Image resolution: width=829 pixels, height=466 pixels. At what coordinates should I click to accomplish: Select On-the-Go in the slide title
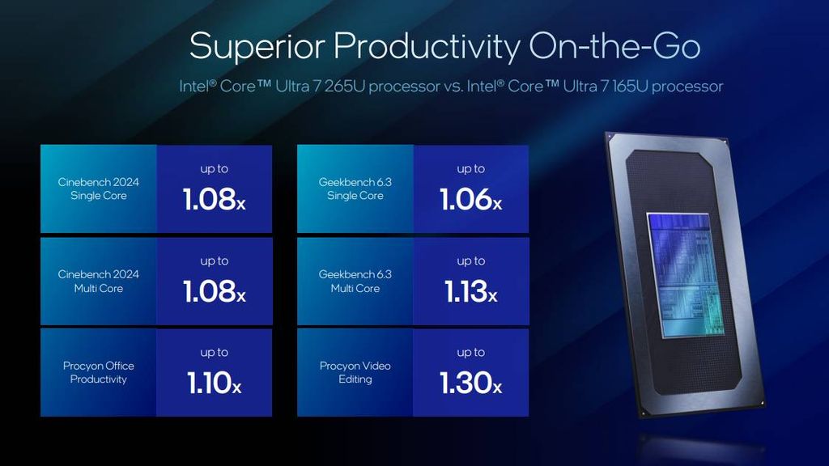pos(614,47)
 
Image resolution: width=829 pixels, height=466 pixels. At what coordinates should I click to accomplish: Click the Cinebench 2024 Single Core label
pos(99,189)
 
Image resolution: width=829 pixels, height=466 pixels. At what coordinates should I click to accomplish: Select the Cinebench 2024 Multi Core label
pos(99,281)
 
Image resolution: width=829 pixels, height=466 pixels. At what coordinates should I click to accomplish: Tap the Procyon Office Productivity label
pos(99,372)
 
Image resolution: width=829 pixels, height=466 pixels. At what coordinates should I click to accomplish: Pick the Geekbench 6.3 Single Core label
pos(355,189)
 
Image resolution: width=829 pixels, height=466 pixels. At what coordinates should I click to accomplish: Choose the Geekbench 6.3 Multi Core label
pos(355,281)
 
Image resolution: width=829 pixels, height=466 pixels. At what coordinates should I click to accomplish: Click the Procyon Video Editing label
pos(355,372)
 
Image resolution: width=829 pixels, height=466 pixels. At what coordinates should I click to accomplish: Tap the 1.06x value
pos(471,201)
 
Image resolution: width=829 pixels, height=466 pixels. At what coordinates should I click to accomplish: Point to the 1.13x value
pos(471,292)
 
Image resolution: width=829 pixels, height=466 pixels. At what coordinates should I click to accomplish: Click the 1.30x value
pos(471,383)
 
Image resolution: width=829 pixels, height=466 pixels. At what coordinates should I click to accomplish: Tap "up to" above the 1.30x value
pos(471,353)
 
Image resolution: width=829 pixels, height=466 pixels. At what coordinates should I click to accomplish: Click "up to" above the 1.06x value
pos(471,169)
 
